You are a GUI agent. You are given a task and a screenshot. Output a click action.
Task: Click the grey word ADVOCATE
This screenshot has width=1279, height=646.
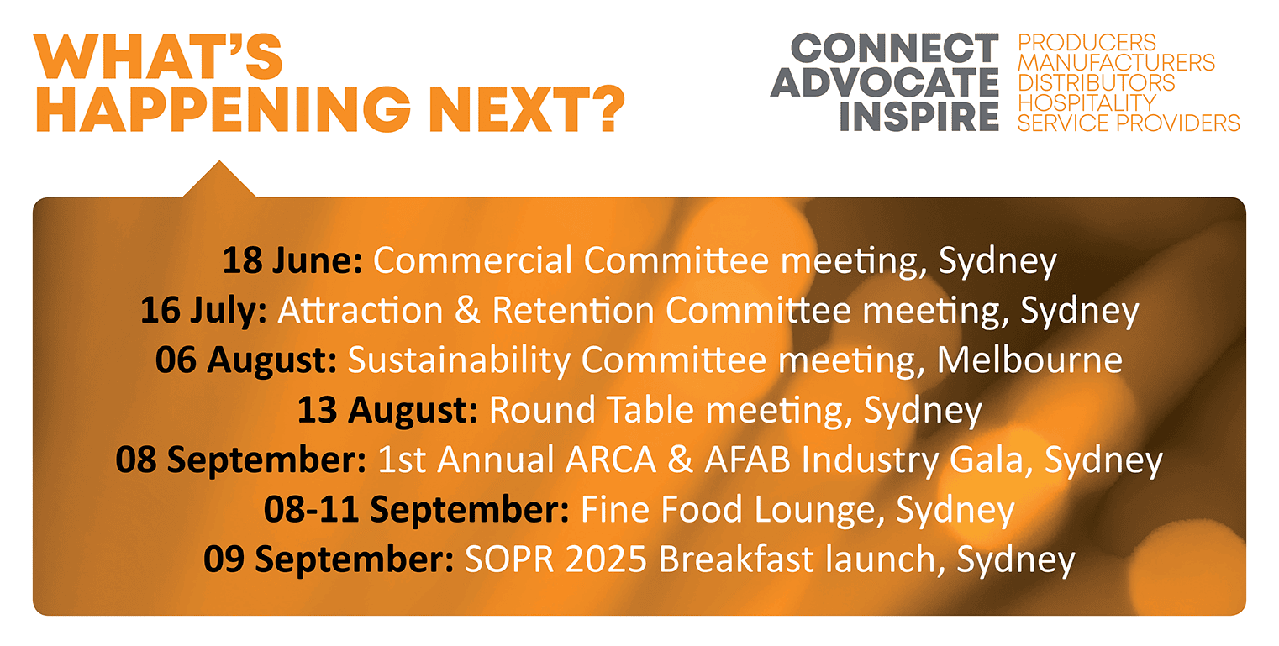tap(885, 82)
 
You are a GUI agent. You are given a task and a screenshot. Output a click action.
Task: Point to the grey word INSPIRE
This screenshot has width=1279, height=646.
tap(919, 117)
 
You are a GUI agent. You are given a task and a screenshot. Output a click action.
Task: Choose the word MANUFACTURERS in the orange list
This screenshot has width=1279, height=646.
tap(1116, 63)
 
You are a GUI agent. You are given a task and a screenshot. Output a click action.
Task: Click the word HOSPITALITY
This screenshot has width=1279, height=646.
tap(1087, 103)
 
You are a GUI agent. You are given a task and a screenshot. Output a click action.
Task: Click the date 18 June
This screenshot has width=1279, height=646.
tap(292, 260)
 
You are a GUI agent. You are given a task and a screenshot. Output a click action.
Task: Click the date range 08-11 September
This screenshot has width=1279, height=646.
tap(416, 510)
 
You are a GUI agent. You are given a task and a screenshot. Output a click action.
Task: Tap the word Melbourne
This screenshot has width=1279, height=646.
tap(1029, 360)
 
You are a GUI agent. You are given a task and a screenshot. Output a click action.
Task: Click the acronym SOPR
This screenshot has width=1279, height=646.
tap(509, 559)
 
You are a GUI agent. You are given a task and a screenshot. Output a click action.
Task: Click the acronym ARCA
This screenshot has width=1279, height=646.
tap(611, 460)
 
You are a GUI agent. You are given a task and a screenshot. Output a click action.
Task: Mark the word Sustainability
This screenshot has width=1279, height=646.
tap(459, 361)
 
